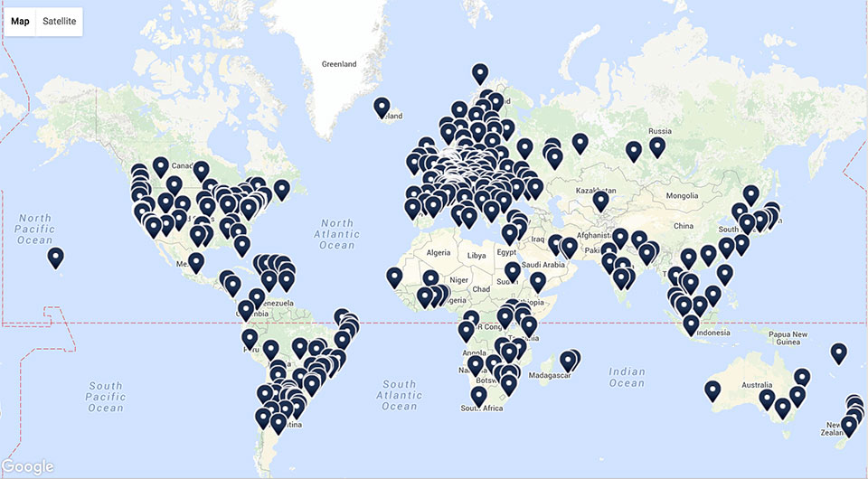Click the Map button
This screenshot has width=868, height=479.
click(20, 21)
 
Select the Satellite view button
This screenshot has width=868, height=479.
click(59, 21)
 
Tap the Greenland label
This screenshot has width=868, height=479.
click(339, 64)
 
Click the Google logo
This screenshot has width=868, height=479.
click(28, 466)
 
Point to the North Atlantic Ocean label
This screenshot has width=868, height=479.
click(336, 234)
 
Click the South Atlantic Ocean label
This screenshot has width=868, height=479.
click(399, 395)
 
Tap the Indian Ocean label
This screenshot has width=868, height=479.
click(627, 378)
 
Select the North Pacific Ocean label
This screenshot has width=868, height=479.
click(35, 229)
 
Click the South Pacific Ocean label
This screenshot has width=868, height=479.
click(105, 397)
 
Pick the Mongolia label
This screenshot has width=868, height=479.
click(682, 195)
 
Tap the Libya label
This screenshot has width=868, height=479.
click(476, 256)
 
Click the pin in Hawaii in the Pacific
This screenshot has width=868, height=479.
click(56, 258)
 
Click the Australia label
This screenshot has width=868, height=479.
click(756, 387)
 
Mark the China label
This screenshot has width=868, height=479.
click(683, 225)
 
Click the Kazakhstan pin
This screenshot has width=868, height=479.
click(600, 201)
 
